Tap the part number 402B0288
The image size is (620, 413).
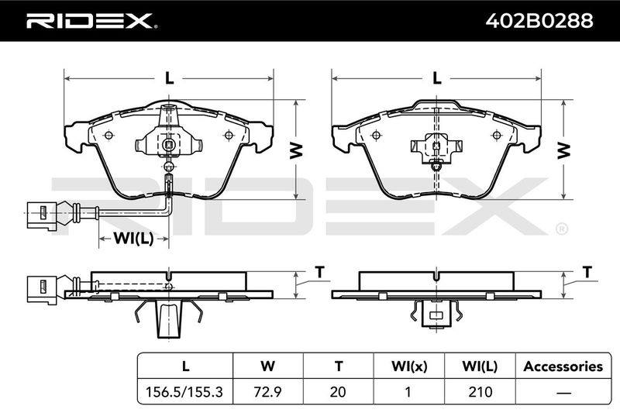point(539,21)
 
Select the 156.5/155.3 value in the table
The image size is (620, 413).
point(184,391)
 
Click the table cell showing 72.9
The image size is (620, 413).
point(267,391)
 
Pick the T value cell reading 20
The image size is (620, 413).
point(338,391)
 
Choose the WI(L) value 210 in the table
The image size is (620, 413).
point(480,391)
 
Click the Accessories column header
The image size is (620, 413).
point(563,367)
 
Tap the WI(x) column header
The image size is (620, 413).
point(409,367)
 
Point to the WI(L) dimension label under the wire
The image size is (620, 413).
point(133,239)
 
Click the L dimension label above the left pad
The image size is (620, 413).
point(169,78)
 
